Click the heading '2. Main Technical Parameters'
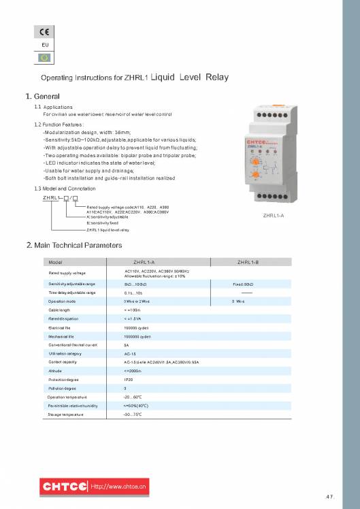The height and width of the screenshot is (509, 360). click(73, 244)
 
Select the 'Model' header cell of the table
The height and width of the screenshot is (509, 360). click(56, 262)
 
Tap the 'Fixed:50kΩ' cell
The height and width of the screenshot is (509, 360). click(243, 283)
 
